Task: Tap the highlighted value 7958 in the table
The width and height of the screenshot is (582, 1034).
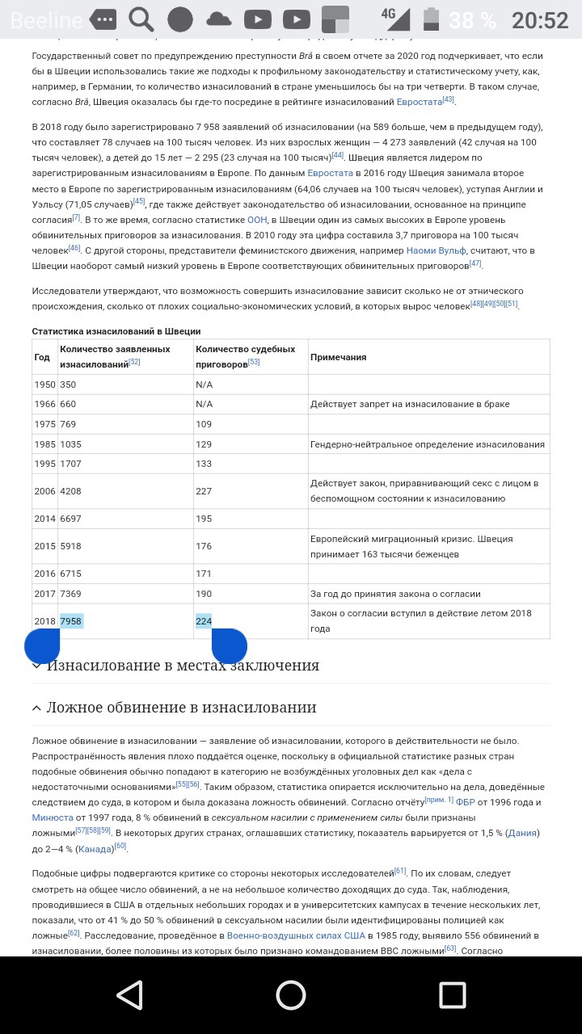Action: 71,620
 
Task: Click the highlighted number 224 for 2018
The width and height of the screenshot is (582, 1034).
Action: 204,620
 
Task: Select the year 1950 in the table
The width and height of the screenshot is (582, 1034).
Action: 44,385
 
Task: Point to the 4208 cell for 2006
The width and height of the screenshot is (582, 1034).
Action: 71,491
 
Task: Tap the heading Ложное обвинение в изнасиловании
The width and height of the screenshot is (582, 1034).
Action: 181,708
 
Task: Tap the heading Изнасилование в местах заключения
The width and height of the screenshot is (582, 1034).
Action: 183,666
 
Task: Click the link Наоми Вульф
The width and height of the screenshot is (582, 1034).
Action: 436,250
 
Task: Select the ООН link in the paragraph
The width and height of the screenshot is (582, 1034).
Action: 257,219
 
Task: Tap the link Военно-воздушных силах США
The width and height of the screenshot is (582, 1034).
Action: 296,935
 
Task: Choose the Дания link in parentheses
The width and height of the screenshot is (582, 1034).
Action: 522,833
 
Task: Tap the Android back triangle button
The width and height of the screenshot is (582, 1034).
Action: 129,995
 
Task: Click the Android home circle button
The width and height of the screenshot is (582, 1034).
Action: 291,995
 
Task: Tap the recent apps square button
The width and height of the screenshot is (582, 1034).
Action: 453,995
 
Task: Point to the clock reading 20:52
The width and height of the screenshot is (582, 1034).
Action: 540,20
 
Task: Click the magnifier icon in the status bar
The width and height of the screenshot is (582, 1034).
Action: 141,19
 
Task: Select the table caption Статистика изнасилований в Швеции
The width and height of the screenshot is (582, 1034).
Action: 116,331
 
